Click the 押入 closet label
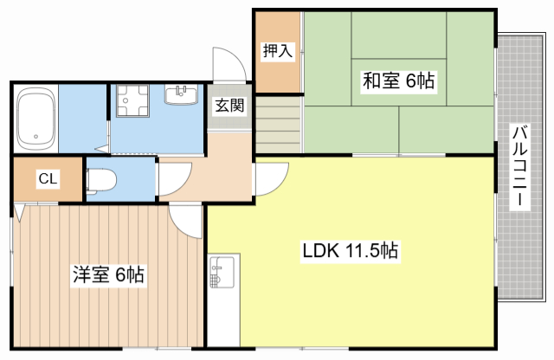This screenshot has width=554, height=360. click(278, 51)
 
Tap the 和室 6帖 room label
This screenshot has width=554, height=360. click(398, 81)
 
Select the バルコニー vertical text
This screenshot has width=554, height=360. click(519, 165)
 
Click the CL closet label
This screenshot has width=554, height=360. click(48, 180)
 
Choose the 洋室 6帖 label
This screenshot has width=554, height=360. click(107, 276)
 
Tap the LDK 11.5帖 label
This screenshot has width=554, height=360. click(350, 252)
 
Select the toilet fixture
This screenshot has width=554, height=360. click(102, 180)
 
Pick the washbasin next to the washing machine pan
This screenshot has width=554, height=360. click(183, 93)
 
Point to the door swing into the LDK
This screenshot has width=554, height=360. click(271, 178)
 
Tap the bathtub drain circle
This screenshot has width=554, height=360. click(35, 135)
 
